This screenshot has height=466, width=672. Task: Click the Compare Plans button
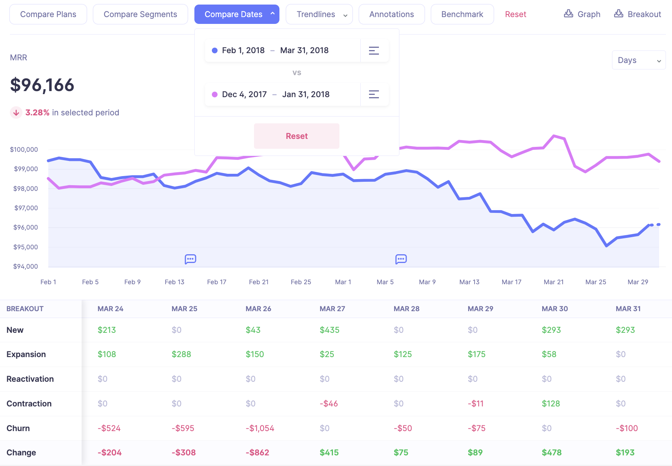[48, 14]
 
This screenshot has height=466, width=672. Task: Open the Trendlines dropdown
[319, 14]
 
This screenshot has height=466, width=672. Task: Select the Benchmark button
[462, 14]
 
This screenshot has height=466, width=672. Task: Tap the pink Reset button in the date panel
[297, 136]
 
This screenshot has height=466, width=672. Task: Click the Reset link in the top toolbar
[515, 14]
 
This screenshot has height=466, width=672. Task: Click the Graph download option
[582, 14]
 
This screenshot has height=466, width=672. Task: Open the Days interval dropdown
[639, 60]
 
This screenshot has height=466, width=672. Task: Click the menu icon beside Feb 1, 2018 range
[374, 50]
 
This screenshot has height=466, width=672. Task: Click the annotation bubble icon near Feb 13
[190, 259]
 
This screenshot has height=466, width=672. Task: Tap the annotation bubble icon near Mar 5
[401, 259]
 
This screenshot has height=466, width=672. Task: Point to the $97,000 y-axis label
[26, 208]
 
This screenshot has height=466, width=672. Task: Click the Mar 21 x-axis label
[554, 282]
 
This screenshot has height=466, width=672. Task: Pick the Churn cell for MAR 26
[260, 428]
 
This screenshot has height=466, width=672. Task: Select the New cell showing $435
[329, 330]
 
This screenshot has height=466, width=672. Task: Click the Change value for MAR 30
[551, 452]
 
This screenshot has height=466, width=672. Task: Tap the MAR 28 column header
[406, 309]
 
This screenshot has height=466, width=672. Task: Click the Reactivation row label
[30, 379]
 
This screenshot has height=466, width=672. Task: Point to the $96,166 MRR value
[42, 85]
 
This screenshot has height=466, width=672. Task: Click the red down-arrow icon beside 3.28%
[16, 113]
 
